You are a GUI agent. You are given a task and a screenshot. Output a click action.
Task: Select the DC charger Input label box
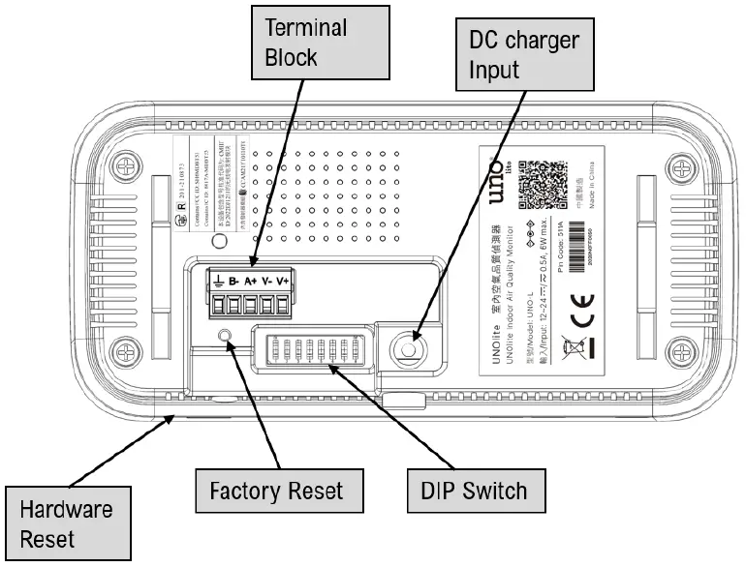[523, 56]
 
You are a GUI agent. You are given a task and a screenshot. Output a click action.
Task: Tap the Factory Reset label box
[276, 491]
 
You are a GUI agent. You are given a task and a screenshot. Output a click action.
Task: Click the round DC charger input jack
[412, 347]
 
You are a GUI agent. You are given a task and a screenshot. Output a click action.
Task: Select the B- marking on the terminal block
[233, 283]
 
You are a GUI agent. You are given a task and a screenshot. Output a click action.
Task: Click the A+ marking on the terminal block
[250, 283]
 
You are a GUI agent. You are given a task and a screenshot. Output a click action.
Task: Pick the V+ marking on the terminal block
[283, 283]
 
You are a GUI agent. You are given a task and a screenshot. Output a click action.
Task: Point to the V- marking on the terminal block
[266, 283]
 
